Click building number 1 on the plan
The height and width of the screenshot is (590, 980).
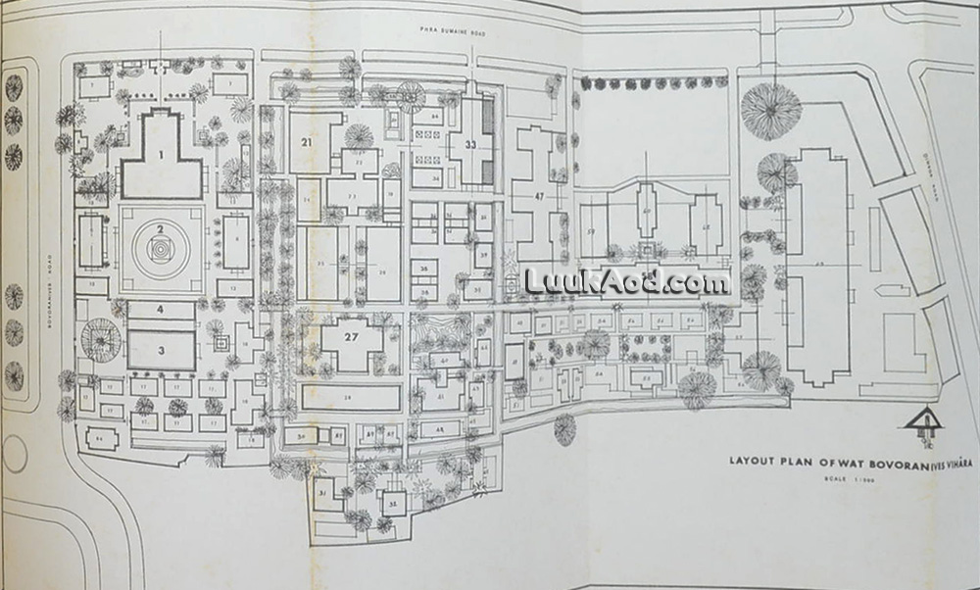coord(162,157)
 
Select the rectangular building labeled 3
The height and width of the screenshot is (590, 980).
coord(161,350)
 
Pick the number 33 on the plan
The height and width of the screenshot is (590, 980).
coord(470,145)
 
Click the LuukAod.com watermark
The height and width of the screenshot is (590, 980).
coord(627,281)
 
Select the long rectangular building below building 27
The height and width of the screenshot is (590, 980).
coord(351,397)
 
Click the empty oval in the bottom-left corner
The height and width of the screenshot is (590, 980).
coord(16,455)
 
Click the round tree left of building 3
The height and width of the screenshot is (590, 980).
coord(100,338)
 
